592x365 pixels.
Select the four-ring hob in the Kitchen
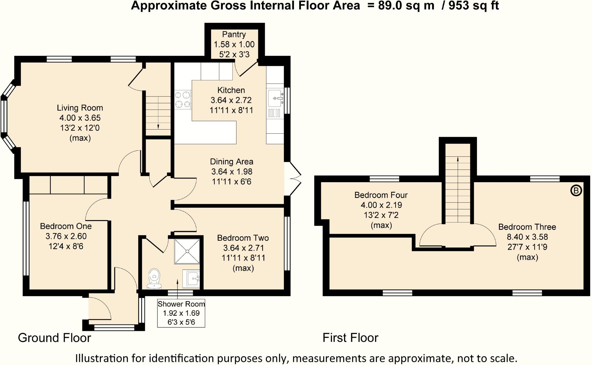click(183, 100)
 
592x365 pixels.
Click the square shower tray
click(187, 251)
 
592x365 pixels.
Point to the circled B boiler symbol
click(576, 191)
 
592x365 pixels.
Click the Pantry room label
click(234, 34)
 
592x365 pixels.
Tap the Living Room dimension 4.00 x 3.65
click(80, 118)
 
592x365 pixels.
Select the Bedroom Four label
click(381, 195)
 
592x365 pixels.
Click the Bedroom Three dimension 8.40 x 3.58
click(527, 237)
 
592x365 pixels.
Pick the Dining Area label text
click(232, 162)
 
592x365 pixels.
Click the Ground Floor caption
click(54, 338)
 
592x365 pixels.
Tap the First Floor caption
click(350, 338)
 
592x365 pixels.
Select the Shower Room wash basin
click(191, 278)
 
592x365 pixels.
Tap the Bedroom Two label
click(243, 238)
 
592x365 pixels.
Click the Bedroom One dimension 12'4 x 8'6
click(66, 246)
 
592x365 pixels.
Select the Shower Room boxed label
click(181, 313)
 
